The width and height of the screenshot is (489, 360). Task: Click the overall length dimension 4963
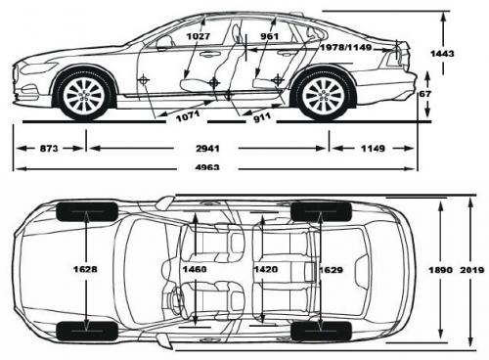[x=207, y=167]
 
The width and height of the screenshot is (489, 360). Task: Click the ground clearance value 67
[x=423, y=94]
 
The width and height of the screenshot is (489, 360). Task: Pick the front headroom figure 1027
[x=197, y=35]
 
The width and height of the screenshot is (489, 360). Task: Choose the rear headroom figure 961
[x=271, y=35]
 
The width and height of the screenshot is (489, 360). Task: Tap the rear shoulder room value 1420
[x=263, y=267]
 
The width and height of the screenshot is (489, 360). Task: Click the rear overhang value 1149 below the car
[x=373, y=149]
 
